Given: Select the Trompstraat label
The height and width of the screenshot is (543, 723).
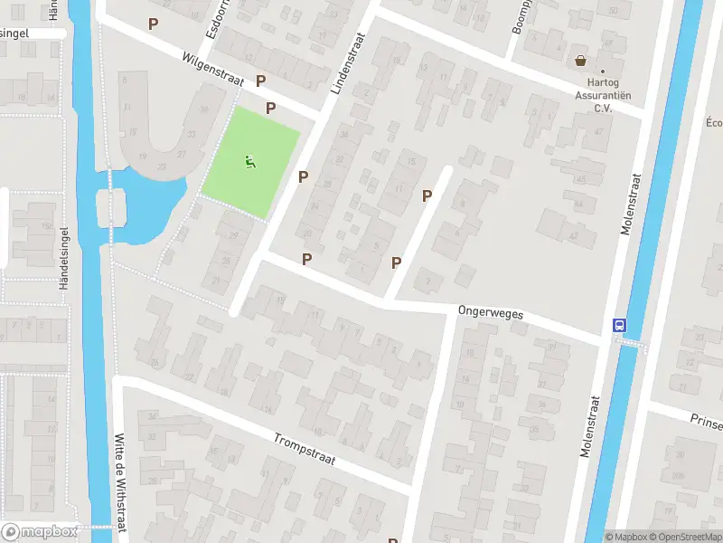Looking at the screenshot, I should (305, 449).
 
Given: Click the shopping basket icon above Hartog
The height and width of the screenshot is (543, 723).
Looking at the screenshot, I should (579, 62).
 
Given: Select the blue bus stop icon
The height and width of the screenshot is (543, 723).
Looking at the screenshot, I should (620, 325).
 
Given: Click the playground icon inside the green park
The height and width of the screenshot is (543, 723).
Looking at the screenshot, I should (249, 163).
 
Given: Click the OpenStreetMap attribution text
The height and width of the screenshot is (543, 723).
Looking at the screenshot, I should (684, 537).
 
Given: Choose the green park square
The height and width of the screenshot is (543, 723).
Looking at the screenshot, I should (249, 163).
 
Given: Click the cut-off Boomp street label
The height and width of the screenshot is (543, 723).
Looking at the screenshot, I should (518, 17).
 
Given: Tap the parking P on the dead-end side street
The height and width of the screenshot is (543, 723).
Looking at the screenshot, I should (427, 195).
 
